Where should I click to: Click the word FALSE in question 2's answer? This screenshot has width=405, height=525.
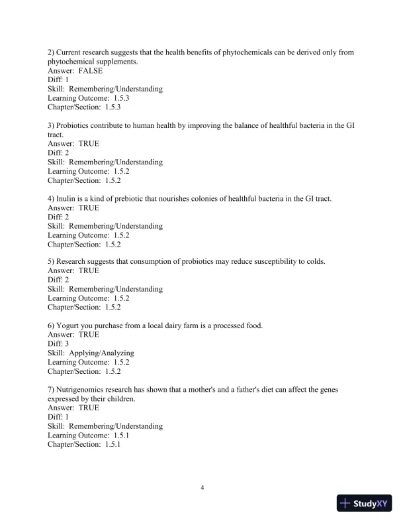(91, 71)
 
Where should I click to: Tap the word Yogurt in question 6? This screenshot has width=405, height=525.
(69, 325)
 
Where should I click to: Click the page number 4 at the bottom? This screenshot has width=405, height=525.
(202, 489)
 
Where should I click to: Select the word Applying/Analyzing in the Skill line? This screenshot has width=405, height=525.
(101, 353)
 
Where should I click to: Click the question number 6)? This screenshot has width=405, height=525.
(52, 325)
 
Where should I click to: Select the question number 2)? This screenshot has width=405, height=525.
(52, 52)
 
